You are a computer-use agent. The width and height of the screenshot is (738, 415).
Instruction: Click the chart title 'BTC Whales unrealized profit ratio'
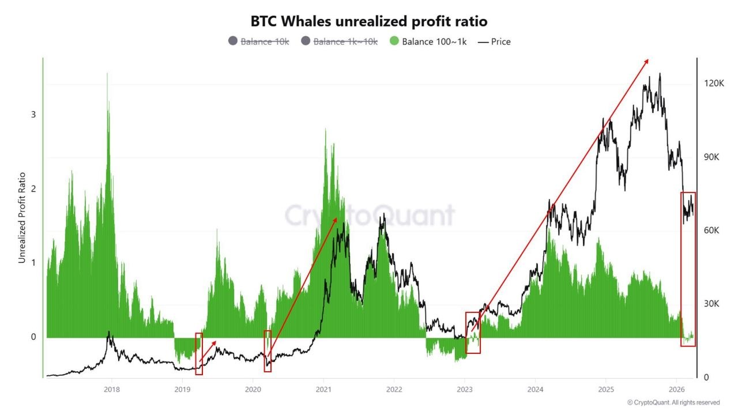369,21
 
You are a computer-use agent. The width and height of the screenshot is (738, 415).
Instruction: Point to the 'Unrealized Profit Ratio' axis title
22,218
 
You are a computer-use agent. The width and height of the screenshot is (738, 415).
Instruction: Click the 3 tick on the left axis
33,114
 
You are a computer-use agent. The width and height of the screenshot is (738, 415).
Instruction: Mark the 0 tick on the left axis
33,337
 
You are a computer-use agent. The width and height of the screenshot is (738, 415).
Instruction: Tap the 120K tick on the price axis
714,84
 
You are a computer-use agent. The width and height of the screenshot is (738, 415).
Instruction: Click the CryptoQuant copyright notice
673,402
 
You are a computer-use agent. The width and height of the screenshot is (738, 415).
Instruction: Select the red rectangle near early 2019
199,354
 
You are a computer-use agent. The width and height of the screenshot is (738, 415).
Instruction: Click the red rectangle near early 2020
268,351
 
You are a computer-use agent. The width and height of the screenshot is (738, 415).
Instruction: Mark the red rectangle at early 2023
473,333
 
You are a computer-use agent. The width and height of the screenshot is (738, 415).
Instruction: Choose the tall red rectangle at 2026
688,269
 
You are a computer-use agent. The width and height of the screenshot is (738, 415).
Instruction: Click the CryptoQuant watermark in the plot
370,216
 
